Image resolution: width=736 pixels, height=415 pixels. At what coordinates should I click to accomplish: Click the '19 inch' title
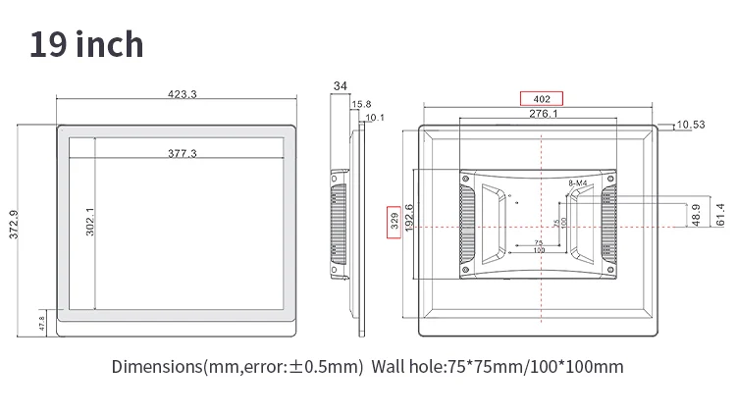pos(86,45)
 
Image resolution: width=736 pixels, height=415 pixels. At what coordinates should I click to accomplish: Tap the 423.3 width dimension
pos(183,94)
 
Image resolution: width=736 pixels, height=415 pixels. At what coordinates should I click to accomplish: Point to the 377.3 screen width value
pos(182,153)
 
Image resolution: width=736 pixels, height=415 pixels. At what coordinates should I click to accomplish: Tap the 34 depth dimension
pos(341,86)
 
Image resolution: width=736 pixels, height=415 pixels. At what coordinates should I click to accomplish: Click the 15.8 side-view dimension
pos(361,104)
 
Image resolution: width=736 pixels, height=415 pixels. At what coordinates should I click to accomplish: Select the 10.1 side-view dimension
pos(375,118)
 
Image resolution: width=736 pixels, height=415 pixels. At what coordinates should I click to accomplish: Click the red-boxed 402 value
pos(541,98)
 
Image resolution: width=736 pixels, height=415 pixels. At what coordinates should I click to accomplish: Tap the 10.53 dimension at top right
pos(691,125)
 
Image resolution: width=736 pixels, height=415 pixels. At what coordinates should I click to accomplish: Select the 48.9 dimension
pos(696,214)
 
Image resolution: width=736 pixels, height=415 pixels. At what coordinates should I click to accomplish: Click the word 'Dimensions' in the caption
pos(156,368)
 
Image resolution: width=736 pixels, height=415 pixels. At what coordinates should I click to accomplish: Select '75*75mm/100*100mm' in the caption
pos(536,368)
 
